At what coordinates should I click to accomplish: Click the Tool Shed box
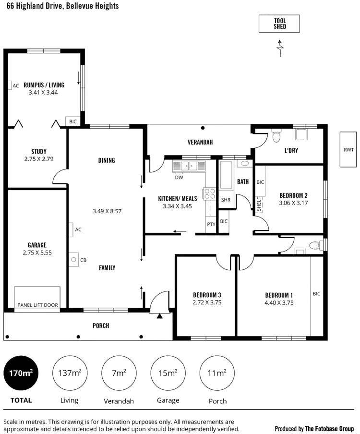coord(280,24)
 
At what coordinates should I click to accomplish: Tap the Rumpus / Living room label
coord(44,85)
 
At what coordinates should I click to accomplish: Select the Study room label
coord(38,151)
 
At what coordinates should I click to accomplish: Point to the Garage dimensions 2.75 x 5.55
coord(37,253)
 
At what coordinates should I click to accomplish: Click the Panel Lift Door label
coord(37,305)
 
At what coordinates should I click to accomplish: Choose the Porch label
coord(101,326)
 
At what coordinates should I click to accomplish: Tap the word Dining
coord(106,160)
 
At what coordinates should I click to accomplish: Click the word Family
coord(106,268)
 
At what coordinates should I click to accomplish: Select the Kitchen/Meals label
coord(175,199)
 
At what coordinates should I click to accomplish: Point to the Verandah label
coord(199,142)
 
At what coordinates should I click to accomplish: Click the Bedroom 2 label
coord(293,195)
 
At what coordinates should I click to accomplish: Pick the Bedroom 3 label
coord(207,295)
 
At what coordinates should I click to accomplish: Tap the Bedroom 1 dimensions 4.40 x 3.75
coord(279,303)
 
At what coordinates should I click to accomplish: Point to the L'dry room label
coord(291,150)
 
